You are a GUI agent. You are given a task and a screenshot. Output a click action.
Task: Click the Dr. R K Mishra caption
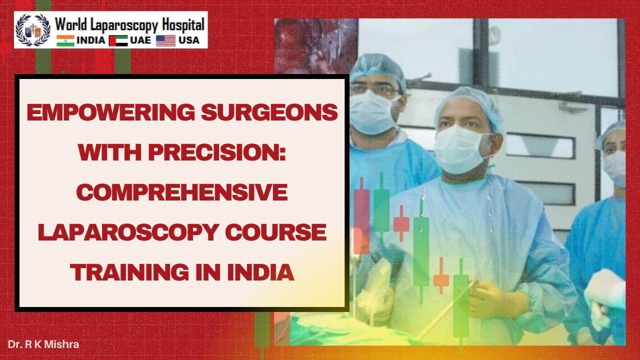pos(43,344)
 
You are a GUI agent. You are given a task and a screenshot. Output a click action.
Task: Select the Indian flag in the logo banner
pos(65,40)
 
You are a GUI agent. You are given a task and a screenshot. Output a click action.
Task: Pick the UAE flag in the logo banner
pos(118,40)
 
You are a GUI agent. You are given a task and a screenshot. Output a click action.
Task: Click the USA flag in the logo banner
pos(165,40)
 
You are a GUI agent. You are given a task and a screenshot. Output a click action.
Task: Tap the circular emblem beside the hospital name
pos(33,30)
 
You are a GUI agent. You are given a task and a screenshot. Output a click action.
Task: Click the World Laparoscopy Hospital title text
pos(129,24)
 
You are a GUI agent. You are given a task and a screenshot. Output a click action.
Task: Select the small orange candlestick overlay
pos(441,280)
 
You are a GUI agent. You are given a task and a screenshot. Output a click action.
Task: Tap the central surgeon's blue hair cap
pos(467,102)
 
